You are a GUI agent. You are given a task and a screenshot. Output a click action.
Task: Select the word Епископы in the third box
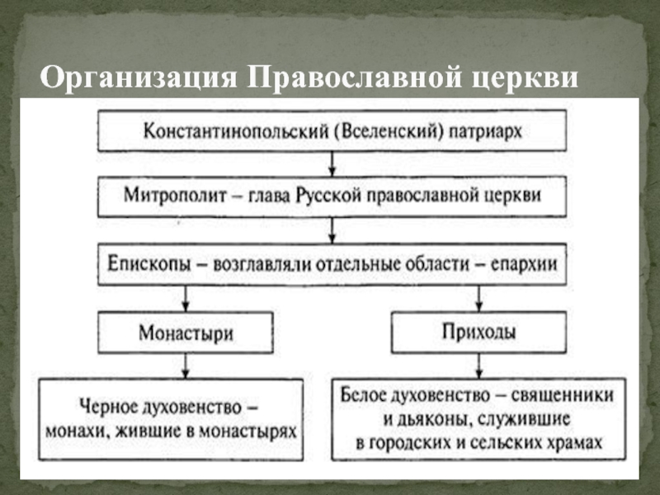pos(146,265)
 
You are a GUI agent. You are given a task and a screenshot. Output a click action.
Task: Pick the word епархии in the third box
pos(521,265)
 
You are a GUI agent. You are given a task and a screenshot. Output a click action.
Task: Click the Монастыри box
pos(185,333)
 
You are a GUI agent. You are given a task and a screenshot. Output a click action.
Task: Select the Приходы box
pos(477,332)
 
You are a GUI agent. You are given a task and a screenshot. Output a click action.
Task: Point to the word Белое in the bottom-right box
pos(368,395)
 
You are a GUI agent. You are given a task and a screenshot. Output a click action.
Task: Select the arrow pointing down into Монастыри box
pos(186,297)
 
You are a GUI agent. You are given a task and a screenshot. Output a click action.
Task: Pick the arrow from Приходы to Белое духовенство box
pos(477,365)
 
